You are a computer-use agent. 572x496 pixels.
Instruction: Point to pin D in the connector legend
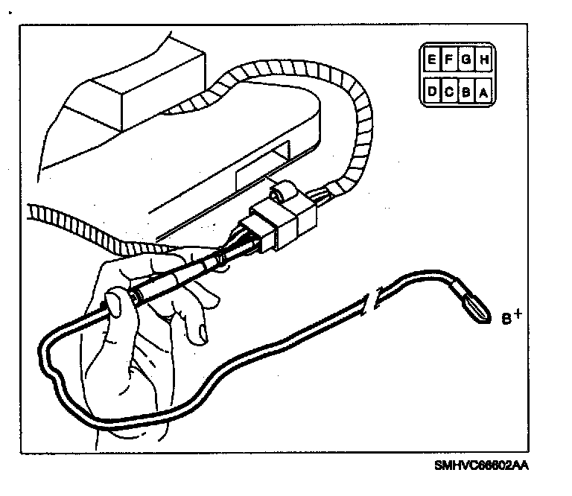[x=432, y=92]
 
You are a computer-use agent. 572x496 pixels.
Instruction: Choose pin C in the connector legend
[x=449, y=92]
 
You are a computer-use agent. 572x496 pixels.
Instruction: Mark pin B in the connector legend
[x=466, y=92]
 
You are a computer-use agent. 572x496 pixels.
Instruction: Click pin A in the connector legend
[x=483, y=92]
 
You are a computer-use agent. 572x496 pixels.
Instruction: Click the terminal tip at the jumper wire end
[x=476, y=308]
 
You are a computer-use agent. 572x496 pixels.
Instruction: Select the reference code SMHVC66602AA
[x=485, y=466]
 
